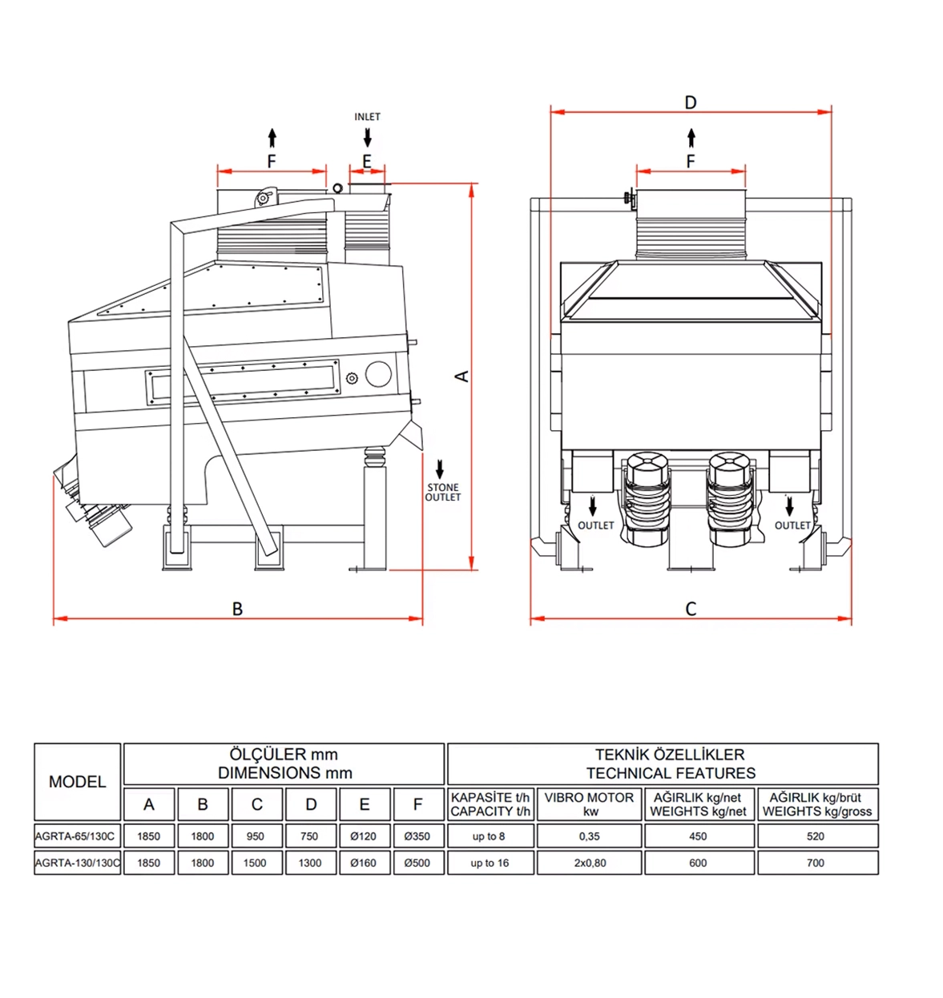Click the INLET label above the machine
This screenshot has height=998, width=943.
tap(367, 117)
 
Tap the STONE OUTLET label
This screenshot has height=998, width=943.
tap(443, 493)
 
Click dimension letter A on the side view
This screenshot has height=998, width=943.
tap(462, 376)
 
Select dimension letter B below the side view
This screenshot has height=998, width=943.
tap(237, 609)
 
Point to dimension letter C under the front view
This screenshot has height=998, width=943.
tap(691, 610)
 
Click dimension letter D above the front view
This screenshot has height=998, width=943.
tap(691, 103)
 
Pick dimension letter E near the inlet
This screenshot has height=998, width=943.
tap(367, 162)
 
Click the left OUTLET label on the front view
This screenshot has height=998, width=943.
tap(595, 525)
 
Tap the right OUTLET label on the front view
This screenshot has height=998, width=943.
tap(792, 525)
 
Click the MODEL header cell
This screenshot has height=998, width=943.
tap(78, 782)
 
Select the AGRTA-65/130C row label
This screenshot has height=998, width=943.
tap(75, 836)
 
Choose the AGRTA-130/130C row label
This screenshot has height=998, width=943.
tap(78, 863)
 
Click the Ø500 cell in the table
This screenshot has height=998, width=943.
tap(417, 863)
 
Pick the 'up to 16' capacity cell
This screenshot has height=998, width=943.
tap(490, 863)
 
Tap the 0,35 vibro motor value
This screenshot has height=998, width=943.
tap(589, 836)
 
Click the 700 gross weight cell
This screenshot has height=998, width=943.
tap(816, 863)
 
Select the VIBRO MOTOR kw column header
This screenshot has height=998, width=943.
tap(589, 804)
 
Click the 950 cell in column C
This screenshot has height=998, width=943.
tap(256, 836)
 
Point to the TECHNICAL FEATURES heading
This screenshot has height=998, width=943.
tap(671, 773)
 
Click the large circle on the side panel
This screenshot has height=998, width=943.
tap(378, 374)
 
